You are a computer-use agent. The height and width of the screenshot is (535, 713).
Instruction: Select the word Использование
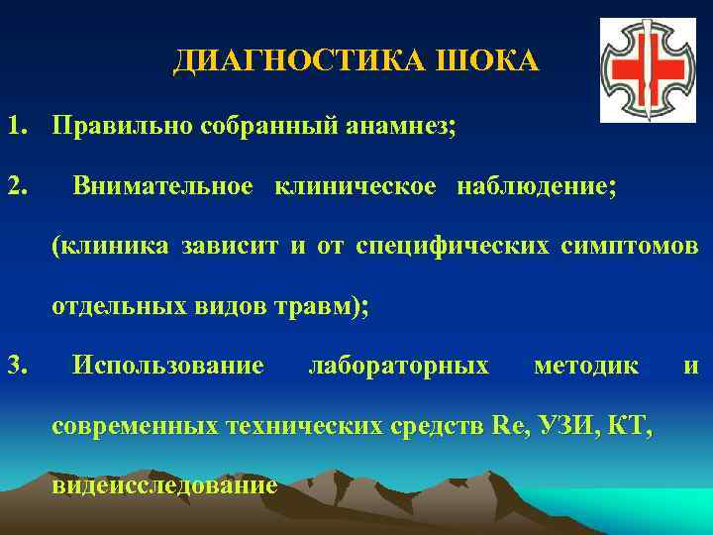[x=168, y=366]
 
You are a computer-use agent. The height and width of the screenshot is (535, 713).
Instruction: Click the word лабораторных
[x=398, y=366]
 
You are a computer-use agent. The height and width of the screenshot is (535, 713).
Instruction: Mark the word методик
[x=585, y=366]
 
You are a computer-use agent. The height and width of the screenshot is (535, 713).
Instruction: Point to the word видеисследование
[x=164, y=485]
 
